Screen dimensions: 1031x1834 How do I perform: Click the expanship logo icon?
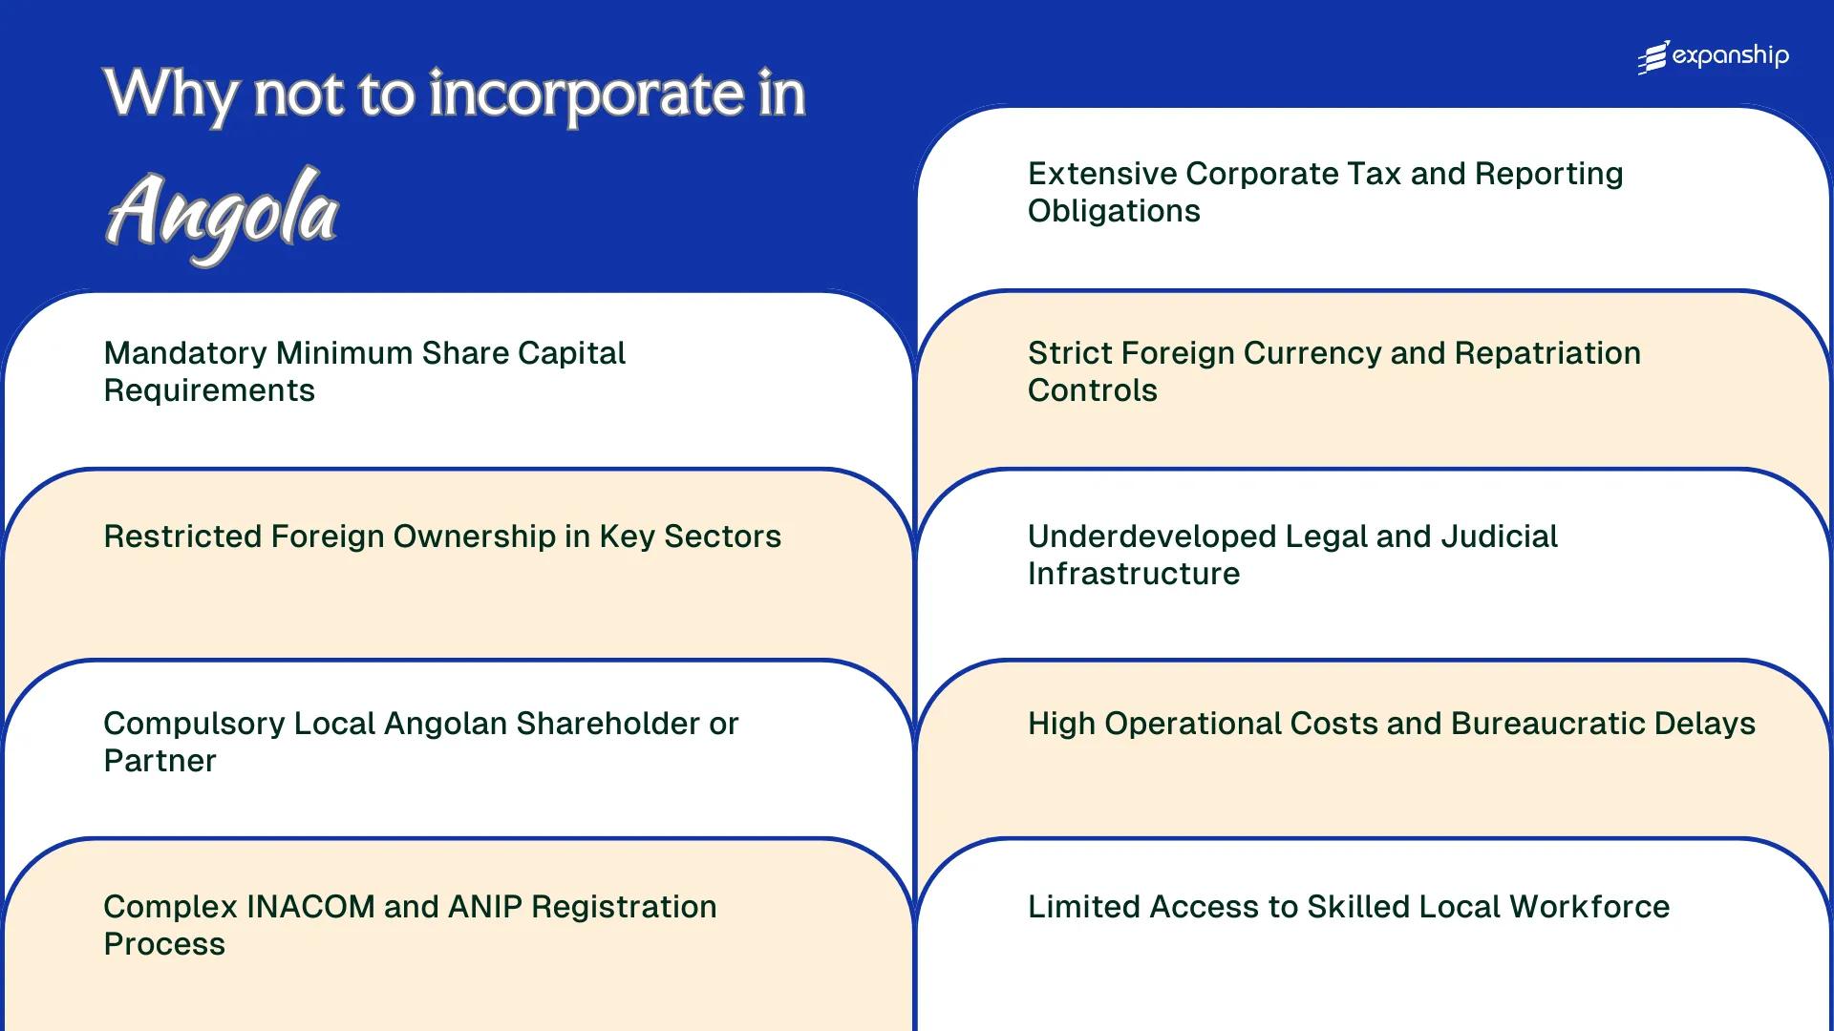1653,57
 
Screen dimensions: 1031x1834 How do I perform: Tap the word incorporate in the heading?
586,95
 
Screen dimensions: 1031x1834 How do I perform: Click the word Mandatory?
184,353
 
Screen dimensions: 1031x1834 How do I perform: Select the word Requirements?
209,390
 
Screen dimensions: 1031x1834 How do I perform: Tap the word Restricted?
182,537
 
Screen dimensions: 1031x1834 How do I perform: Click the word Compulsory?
193,724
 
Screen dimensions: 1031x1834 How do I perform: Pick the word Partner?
160,761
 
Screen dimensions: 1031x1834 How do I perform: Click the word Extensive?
1101,174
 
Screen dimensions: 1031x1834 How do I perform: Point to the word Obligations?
1114,211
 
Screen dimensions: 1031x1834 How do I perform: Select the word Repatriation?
1547,353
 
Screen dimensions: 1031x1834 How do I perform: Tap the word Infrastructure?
1134,574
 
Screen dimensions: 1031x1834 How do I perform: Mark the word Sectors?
722,537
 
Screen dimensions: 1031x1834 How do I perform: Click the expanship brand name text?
1730,56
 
